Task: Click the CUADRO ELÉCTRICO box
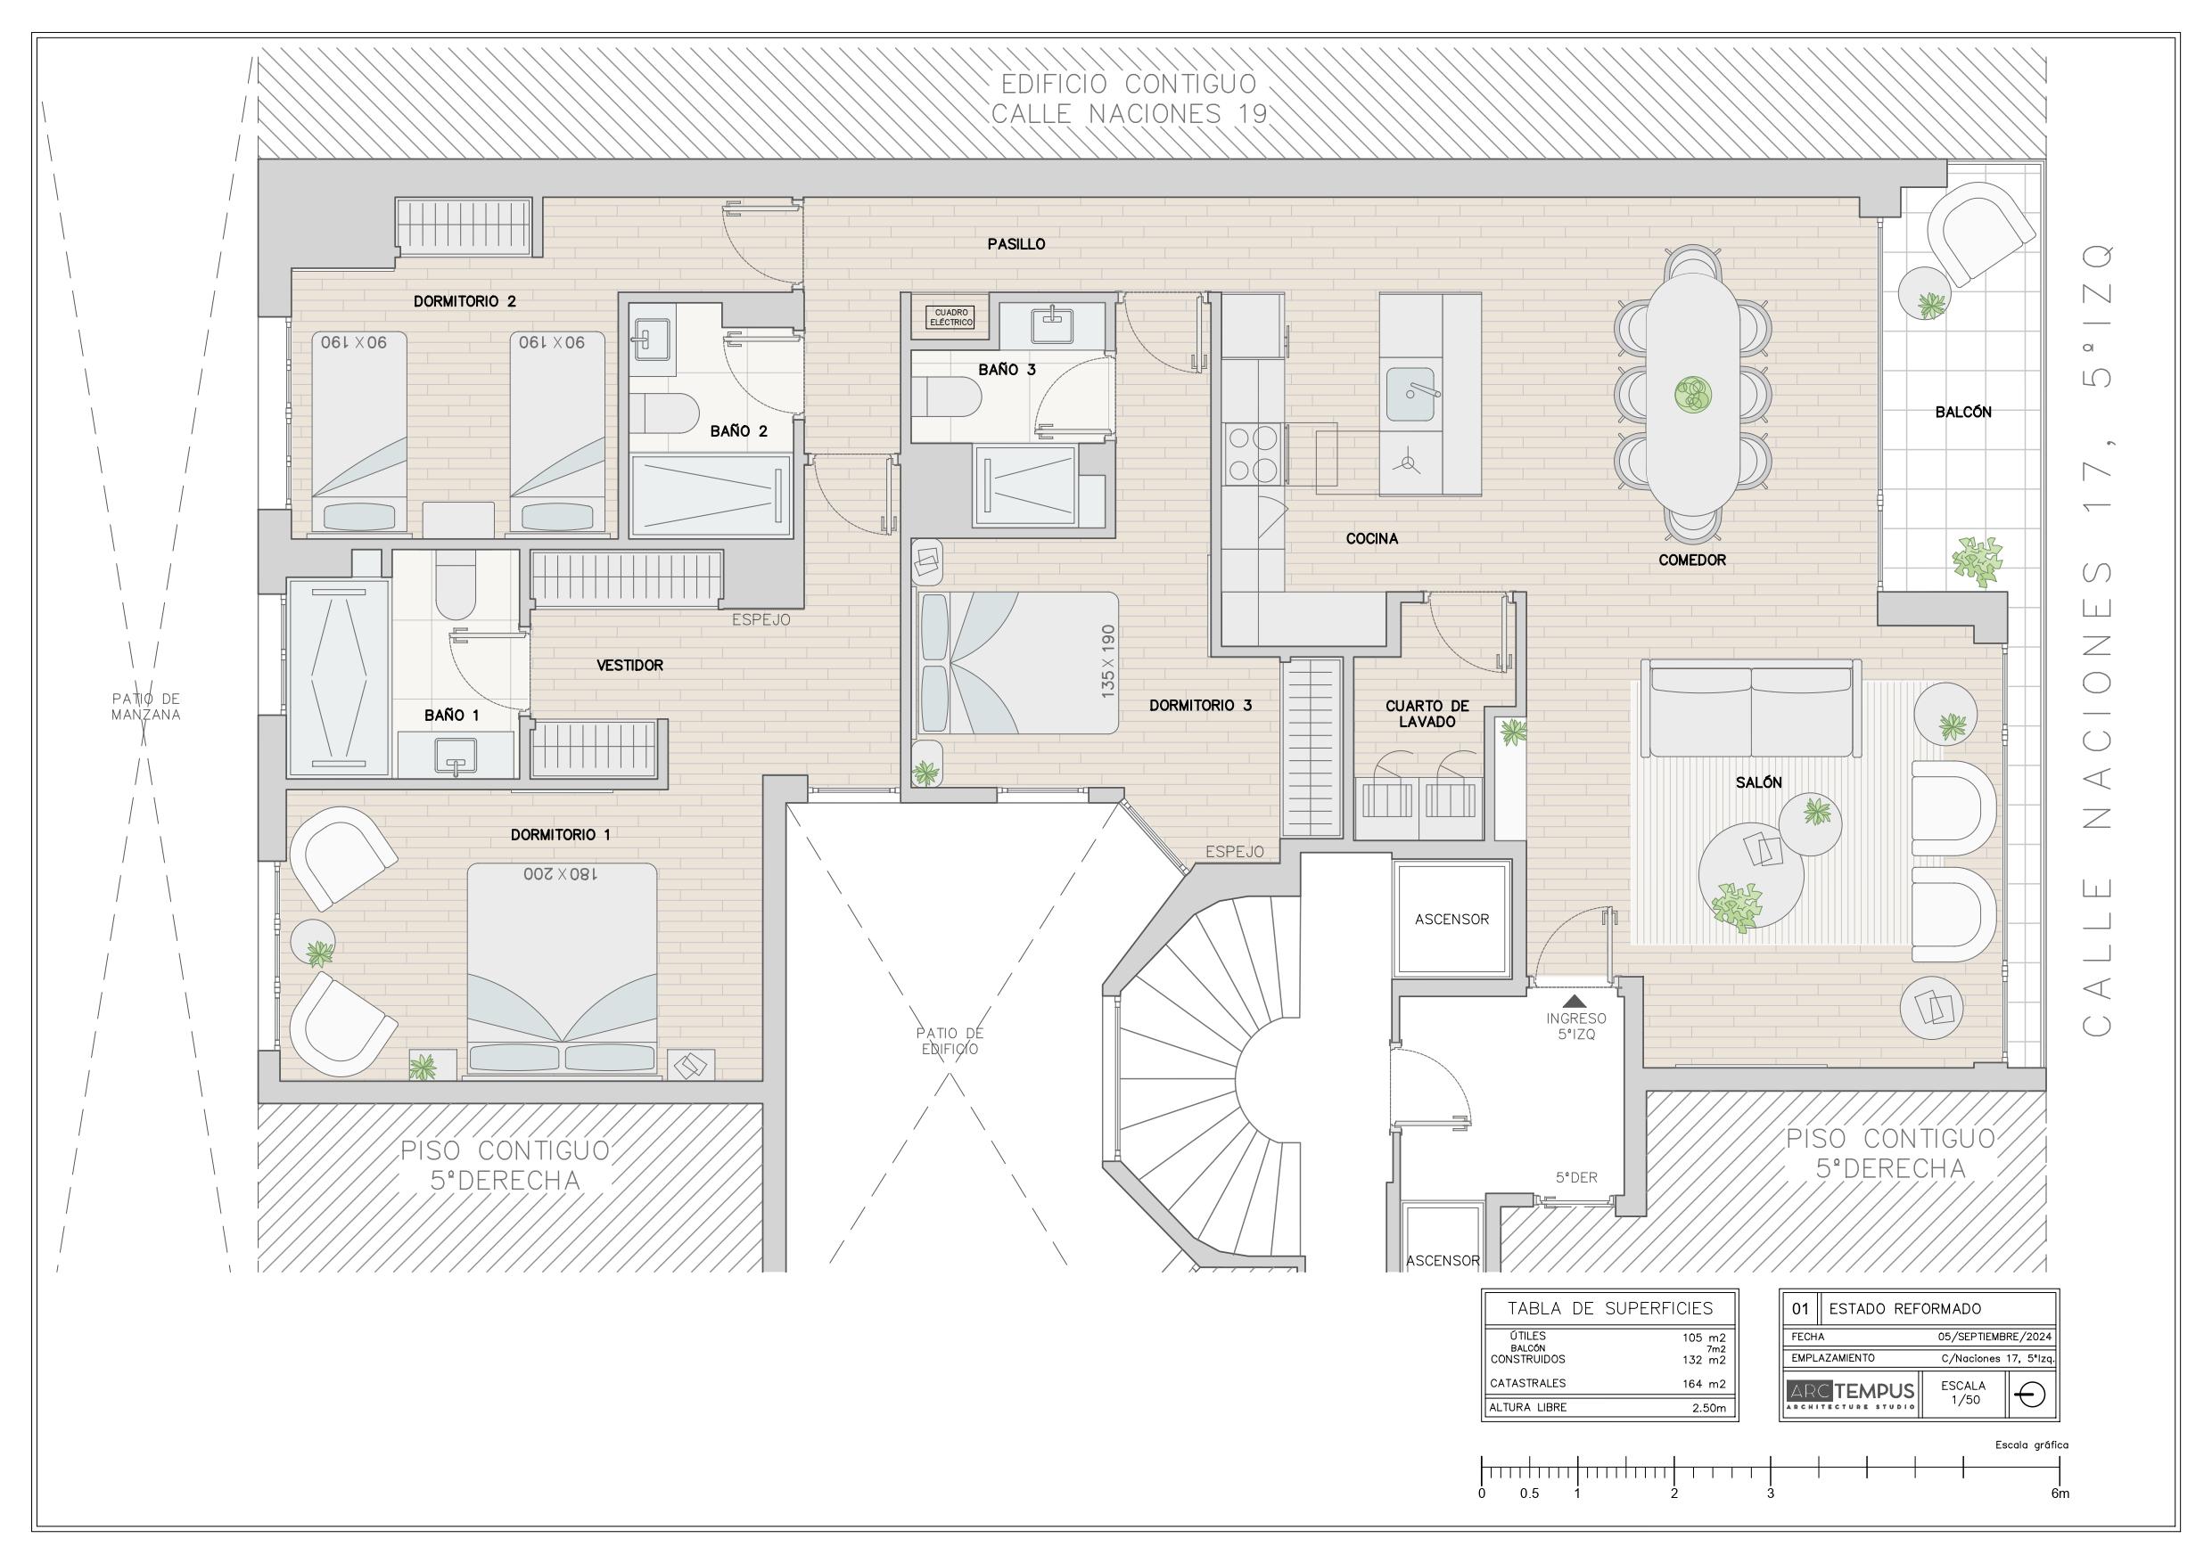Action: click(951, 317)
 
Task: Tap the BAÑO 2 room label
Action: click(739, 430)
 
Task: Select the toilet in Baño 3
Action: click(946, 395)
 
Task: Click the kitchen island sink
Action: click(1410, 394)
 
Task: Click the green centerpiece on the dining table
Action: click(1693, 395)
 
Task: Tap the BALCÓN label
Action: click(1963, 413)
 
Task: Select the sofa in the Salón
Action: click(1750, 708)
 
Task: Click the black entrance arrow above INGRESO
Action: click(1575, 1002)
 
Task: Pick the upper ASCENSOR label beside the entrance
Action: click(1451, 920)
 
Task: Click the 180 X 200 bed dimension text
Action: click(561, 874)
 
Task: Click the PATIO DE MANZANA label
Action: click(145, 707)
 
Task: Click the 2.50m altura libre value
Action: click(1709, 1408)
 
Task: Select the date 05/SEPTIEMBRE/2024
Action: click(1995, 1337)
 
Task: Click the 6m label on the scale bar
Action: click(2060, 1493)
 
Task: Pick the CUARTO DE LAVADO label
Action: click(1427, 714)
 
